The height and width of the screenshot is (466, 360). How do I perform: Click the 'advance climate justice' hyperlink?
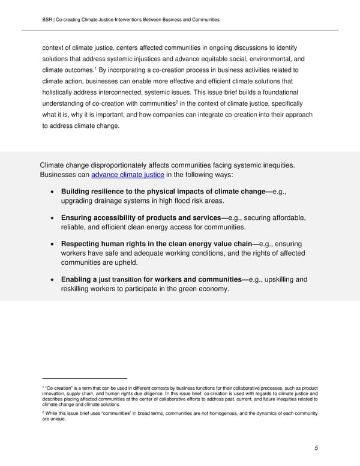coord(127,175)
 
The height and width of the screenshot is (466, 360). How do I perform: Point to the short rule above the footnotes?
coord(85,378)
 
